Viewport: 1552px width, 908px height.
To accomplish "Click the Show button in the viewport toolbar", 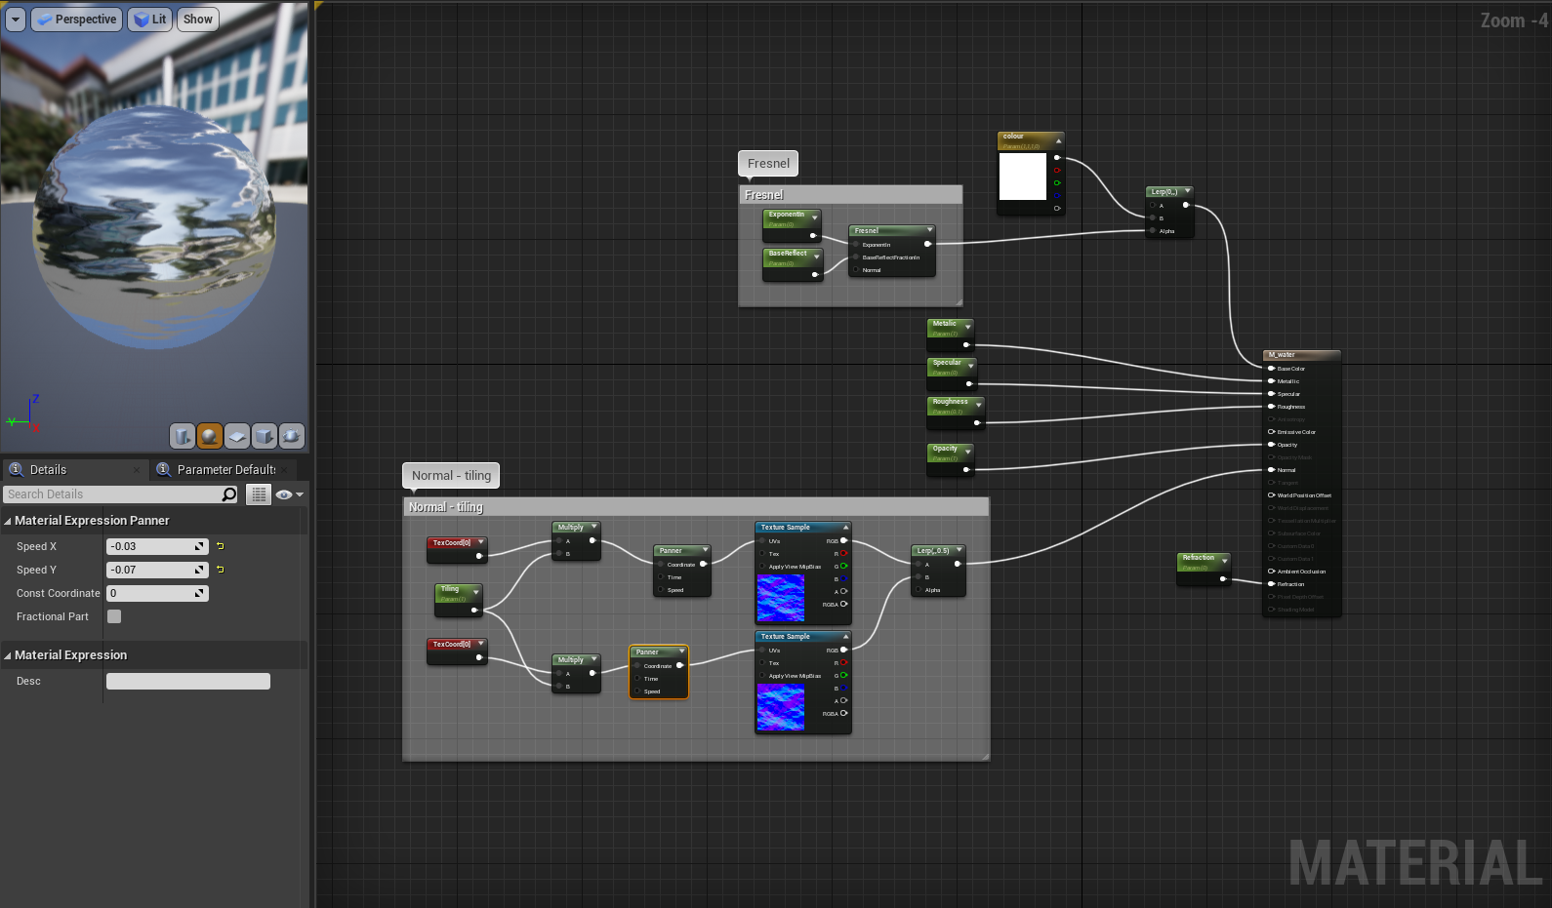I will [197, 20].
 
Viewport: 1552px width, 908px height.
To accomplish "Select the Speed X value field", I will [151, 546].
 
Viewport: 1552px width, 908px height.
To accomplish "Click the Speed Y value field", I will [151, 570].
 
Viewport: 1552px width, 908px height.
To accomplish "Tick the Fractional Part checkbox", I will [114, 616].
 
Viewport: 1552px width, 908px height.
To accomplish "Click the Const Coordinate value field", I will [151, 593].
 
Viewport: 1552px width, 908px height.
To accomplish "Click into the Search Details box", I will [112, 494].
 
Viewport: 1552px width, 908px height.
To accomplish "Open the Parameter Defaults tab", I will [225, 470].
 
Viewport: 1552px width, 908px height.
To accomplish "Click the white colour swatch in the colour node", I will [1022, 177].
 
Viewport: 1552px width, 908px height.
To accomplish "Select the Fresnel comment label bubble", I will [768, 164].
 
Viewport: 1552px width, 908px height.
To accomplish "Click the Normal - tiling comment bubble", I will [451, 476].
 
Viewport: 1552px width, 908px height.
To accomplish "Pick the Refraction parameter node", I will [1202, 558].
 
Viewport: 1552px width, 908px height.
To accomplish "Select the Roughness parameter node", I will [953, 402].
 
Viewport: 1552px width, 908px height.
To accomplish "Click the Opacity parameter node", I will [948, 450].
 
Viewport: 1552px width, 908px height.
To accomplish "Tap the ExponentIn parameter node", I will [789, 215].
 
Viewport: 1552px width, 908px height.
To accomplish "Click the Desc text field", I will [187, 682].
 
